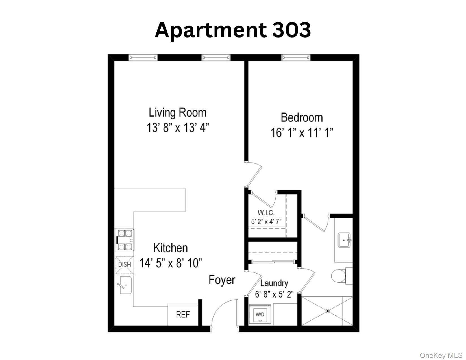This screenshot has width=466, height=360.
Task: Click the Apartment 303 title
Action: (x=233, y=31)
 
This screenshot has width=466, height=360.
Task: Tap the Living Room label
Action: (x=178, y=113)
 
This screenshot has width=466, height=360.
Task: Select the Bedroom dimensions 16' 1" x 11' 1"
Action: (x=302, y=133)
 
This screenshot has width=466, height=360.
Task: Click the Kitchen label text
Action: (x=171, y=248)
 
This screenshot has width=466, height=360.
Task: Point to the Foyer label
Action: (x=222, y=280)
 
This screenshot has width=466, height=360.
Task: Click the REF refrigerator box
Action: (x=183, y=315)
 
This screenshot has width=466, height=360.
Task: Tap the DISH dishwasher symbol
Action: (x=125, y=265)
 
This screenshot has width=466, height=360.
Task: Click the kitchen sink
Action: (x=125, y=285)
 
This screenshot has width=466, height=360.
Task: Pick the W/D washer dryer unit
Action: (x=260, y=314)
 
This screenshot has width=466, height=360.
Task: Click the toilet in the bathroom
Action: (x=342, y=276)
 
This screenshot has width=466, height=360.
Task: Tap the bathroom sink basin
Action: (x=344, y=240)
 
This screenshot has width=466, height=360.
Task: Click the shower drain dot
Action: (x=328, y=311)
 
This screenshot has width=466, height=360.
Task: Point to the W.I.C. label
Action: (x=266, y=213)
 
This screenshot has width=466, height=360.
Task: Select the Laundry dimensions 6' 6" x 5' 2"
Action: (x=274, y=294)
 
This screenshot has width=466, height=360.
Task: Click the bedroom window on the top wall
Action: (x=296, y=58)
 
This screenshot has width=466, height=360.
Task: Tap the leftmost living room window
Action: (x=143, y=58)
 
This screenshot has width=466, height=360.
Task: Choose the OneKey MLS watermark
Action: (x=441, y=355)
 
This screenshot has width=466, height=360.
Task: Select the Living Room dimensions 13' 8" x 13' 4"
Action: (x=178, y=128)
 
